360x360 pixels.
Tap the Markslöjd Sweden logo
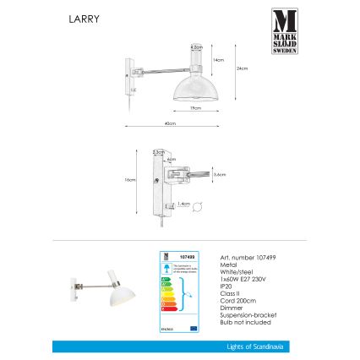[x=284, y=30]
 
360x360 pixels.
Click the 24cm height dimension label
[x=242, y=68]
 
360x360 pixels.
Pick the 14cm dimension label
[x=218, y=60]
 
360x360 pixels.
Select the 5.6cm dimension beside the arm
[x=218, y=174]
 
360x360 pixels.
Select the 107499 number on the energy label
[x=189, y=254]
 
